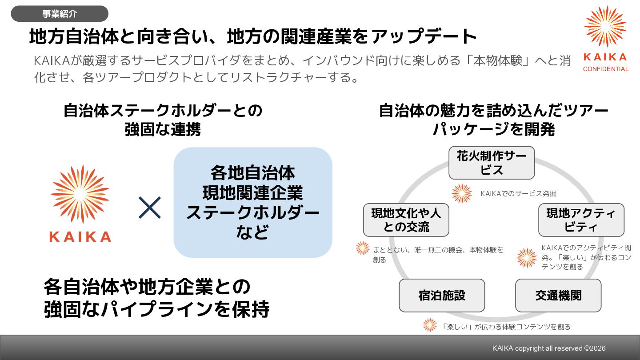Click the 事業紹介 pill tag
point(60,14)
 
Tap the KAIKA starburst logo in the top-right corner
point(605,27)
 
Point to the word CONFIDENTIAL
point(605,69)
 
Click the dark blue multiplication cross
point(150,208)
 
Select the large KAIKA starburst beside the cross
point(80,194)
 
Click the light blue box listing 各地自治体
point(252,202)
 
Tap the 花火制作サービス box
point(491,163)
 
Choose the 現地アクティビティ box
point(581,220)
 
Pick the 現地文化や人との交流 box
point(406,220)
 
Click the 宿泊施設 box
point(442,296)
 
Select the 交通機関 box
point(558,296)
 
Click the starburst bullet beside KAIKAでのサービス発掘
point(462,194)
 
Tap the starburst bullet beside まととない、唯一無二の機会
point(363,248)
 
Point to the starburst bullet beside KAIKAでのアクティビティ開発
point(527,258)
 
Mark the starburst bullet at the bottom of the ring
point(430,325)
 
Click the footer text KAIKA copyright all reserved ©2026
point(548,348)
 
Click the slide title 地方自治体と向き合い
point(253,37)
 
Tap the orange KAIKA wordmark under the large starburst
point(80,236)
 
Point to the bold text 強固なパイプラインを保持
point(156,310)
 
